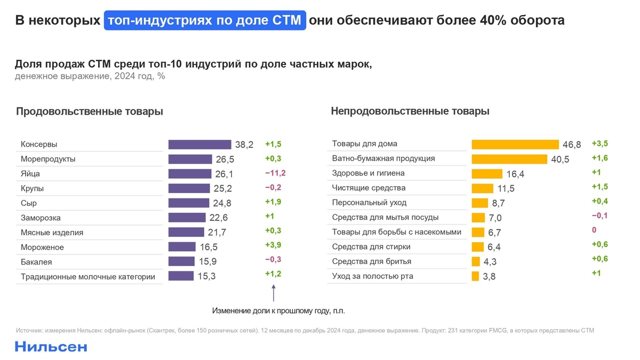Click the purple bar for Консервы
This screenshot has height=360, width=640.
tap(199, 145)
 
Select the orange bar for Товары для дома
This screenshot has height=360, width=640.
tap(515, 145)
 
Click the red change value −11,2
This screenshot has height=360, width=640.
tap(275, 173)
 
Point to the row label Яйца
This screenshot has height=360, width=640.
tap(30, 174)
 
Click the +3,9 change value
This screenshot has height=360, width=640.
tap(273, 245)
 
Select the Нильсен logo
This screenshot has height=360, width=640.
tap(51, 347)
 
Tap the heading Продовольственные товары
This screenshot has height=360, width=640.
tap(89, 111)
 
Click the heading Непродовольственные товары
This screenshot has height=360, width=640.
tap(410, 111)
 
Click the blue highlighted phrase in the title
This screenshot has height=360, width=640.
tap(205, 21)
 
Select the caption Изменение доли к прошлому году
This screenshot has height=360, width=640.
tap(283, 310)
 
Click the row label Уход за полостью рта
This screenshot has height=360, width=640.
tap(372, 276)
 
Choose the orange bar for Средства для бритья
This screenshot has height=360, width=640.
tap(476, 261)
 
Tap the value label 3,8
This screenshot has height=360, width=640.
tap(490, 276)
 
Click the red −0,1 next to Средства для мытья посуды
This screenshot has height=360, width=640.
tap(599, 215)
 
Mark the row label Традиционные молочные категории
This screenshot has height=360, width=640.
tap(88, 276)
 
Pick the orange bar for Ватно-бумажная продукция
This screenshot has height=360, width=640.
tap(509, 159)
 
